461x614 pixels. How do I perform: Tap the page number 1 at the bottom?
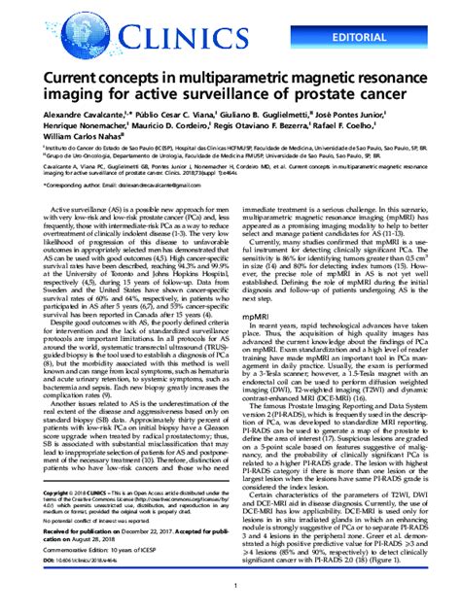click(230, 601)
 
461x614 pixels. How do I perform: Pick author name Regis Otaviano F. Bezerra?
click(276, 126)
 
